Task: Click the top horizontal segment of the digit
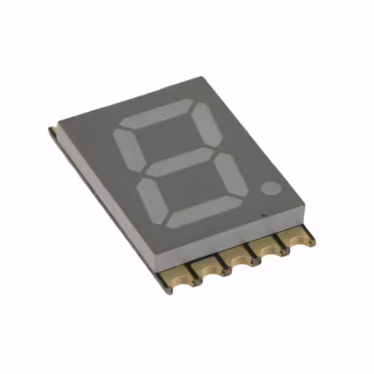[x=156, y=113]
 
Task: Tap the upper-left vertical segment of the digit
[x=126, y=150]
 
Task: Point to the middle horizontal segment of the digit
[x=179, y=162]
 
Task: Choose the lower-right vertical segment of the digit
[x=232, y=175]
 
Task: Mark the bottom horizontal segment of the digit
[x=204, y=211]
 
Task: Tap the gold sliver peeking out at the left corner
[x=53, y=127]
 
